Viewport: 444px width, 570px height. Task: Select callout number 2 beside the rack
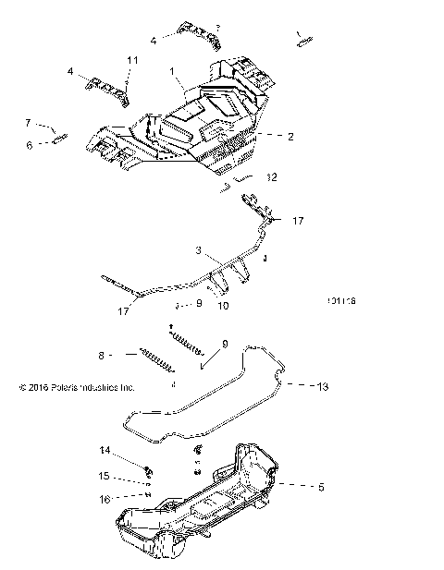click(x=290, y=137)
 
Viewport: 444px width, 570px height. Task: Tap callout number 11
click(x=131, y=60)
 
